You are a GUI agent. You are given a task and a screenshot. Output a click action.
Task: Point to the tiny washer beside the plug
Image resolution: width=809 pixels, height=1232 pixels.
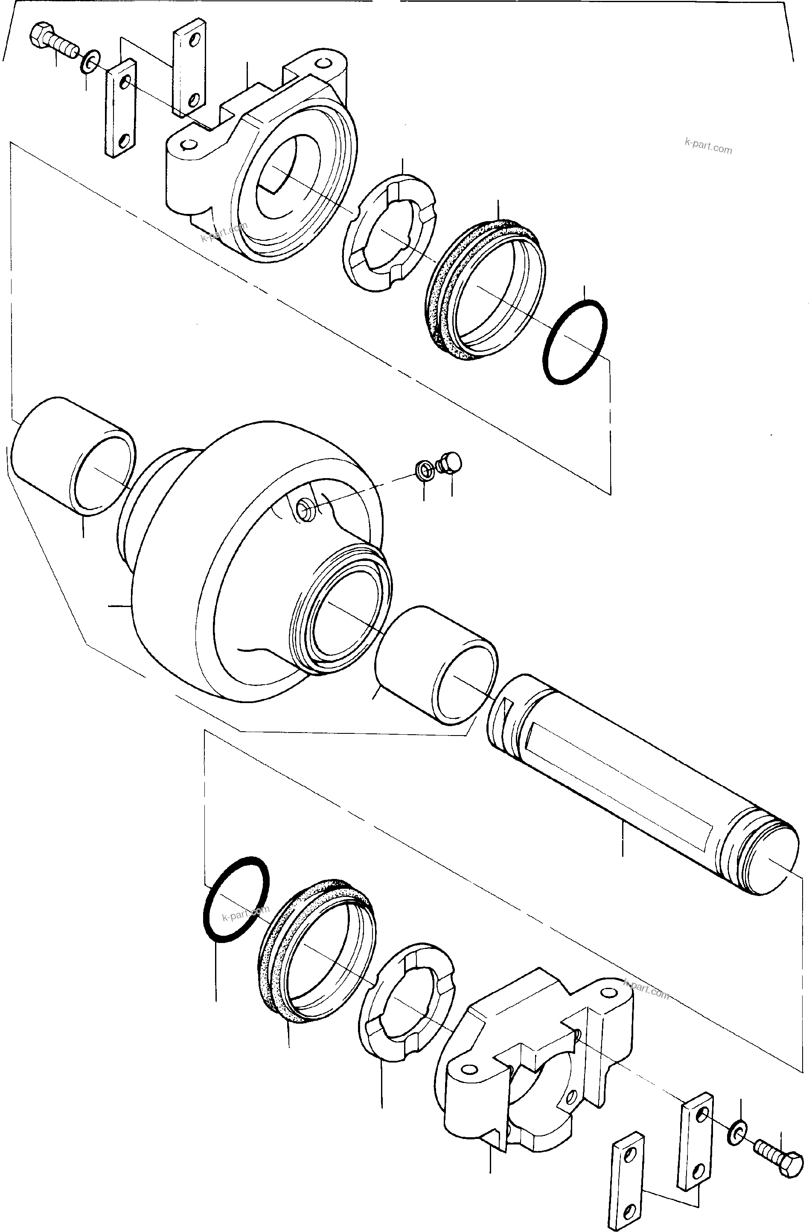424,470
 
